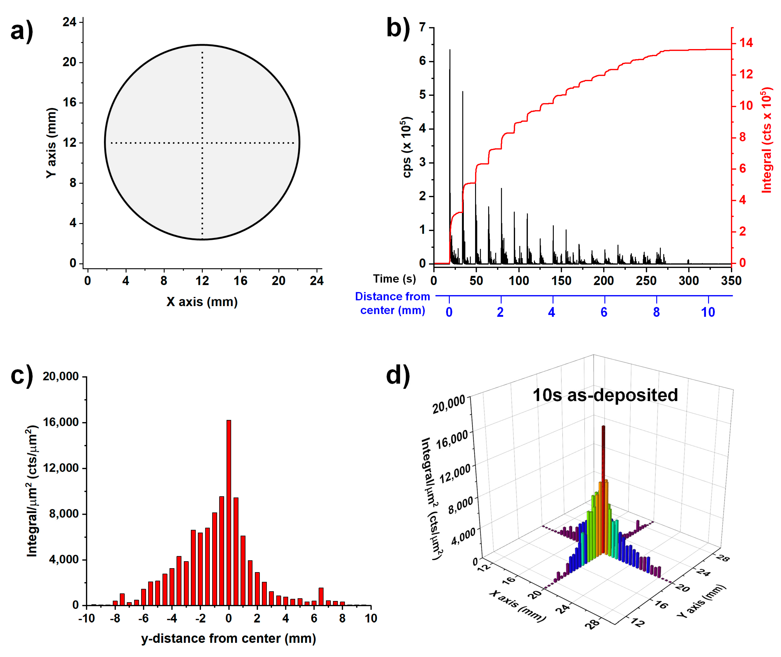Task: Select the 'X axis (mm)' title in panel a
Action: [202, 302]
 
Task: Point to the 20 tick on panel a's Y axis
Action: [69, 62]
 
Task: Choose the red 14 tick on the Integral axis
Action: [746, 43]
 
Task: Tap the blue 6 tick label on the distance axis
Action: [604, 312]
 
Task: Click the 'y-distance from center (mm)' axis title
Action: [228, 638]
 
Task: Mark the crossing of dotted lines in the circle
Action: [202, 143]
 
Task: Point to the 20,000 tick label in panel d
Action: [449, 405]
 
